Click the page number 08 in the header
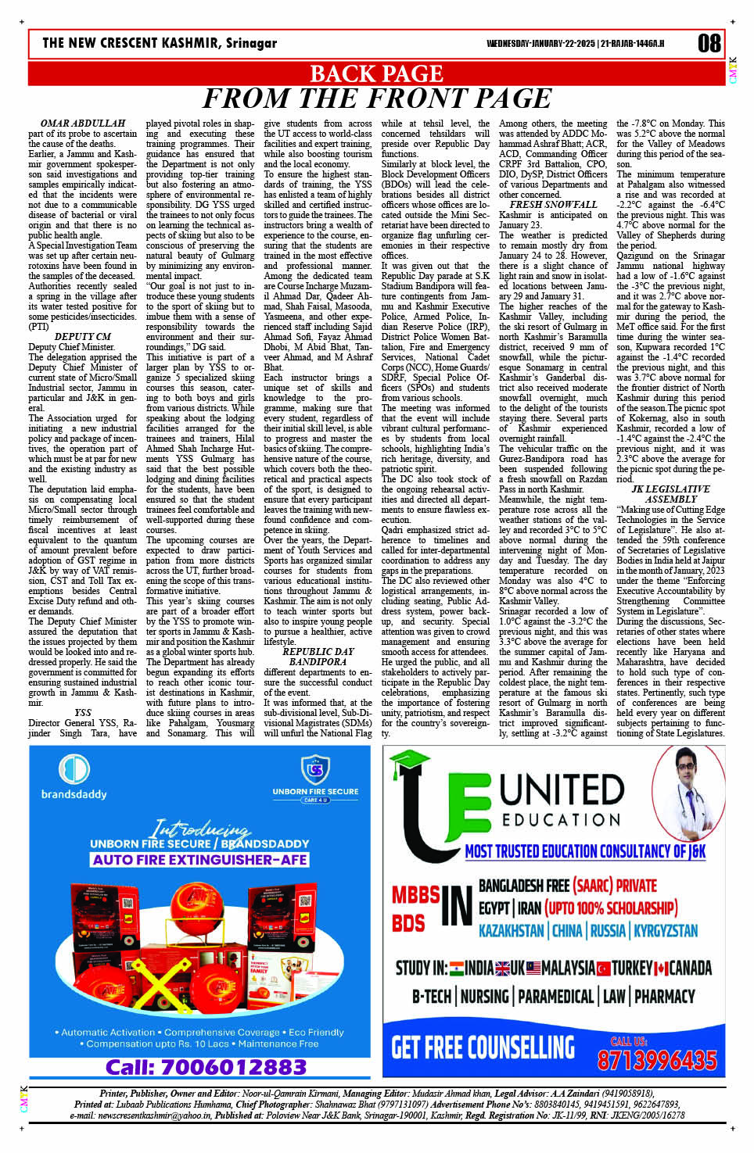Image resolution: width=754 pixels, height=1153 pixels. click(x=709, y=43)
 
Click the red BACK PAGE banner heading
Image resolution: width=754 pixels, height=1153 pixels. click(x=376, y=73)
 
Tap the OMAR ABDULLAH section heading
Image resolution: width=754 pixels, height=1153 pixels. click(x=83, y=124)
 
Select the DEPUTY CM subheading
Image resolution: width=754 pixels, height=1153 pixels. click(x=83, y=337)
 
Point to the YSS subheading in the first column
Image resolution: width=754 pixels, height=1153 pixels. click(x=83, y=713)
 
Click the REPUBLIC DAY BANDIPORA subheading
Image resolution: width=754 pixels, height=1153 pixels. click(x=318, y=657)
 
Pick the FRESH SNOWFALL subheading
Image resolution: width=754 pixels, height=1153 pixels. click(x=553, y=205)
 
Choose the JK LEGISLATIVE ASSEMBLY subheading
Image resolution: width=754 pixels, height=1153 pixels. click(x=670, y=494)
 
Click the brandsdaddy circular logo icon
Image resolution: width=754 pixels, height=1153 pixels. click(x=74, y=769)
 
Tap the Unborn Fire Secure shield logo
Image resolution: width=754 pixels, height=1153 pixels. click(x=315, y=769)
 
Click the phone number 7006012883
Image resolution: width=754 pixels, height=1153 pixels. click(x=206, y=1067)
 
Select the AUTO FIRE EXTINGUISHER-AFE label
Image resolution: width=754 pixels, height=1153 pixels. click(x=199, y=860)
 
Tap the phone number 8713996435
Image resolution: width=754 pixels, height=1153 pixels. click(x=656, y=1060)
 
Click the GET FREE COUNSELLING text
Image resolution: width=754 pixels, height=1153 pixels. click(x=483, y=1048)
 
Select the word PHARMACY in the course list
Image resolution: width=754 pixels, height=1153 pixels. click(x=664, y=997)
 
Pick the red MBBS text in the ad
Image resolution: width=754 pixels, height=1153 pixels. click(x=415, y=895)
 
